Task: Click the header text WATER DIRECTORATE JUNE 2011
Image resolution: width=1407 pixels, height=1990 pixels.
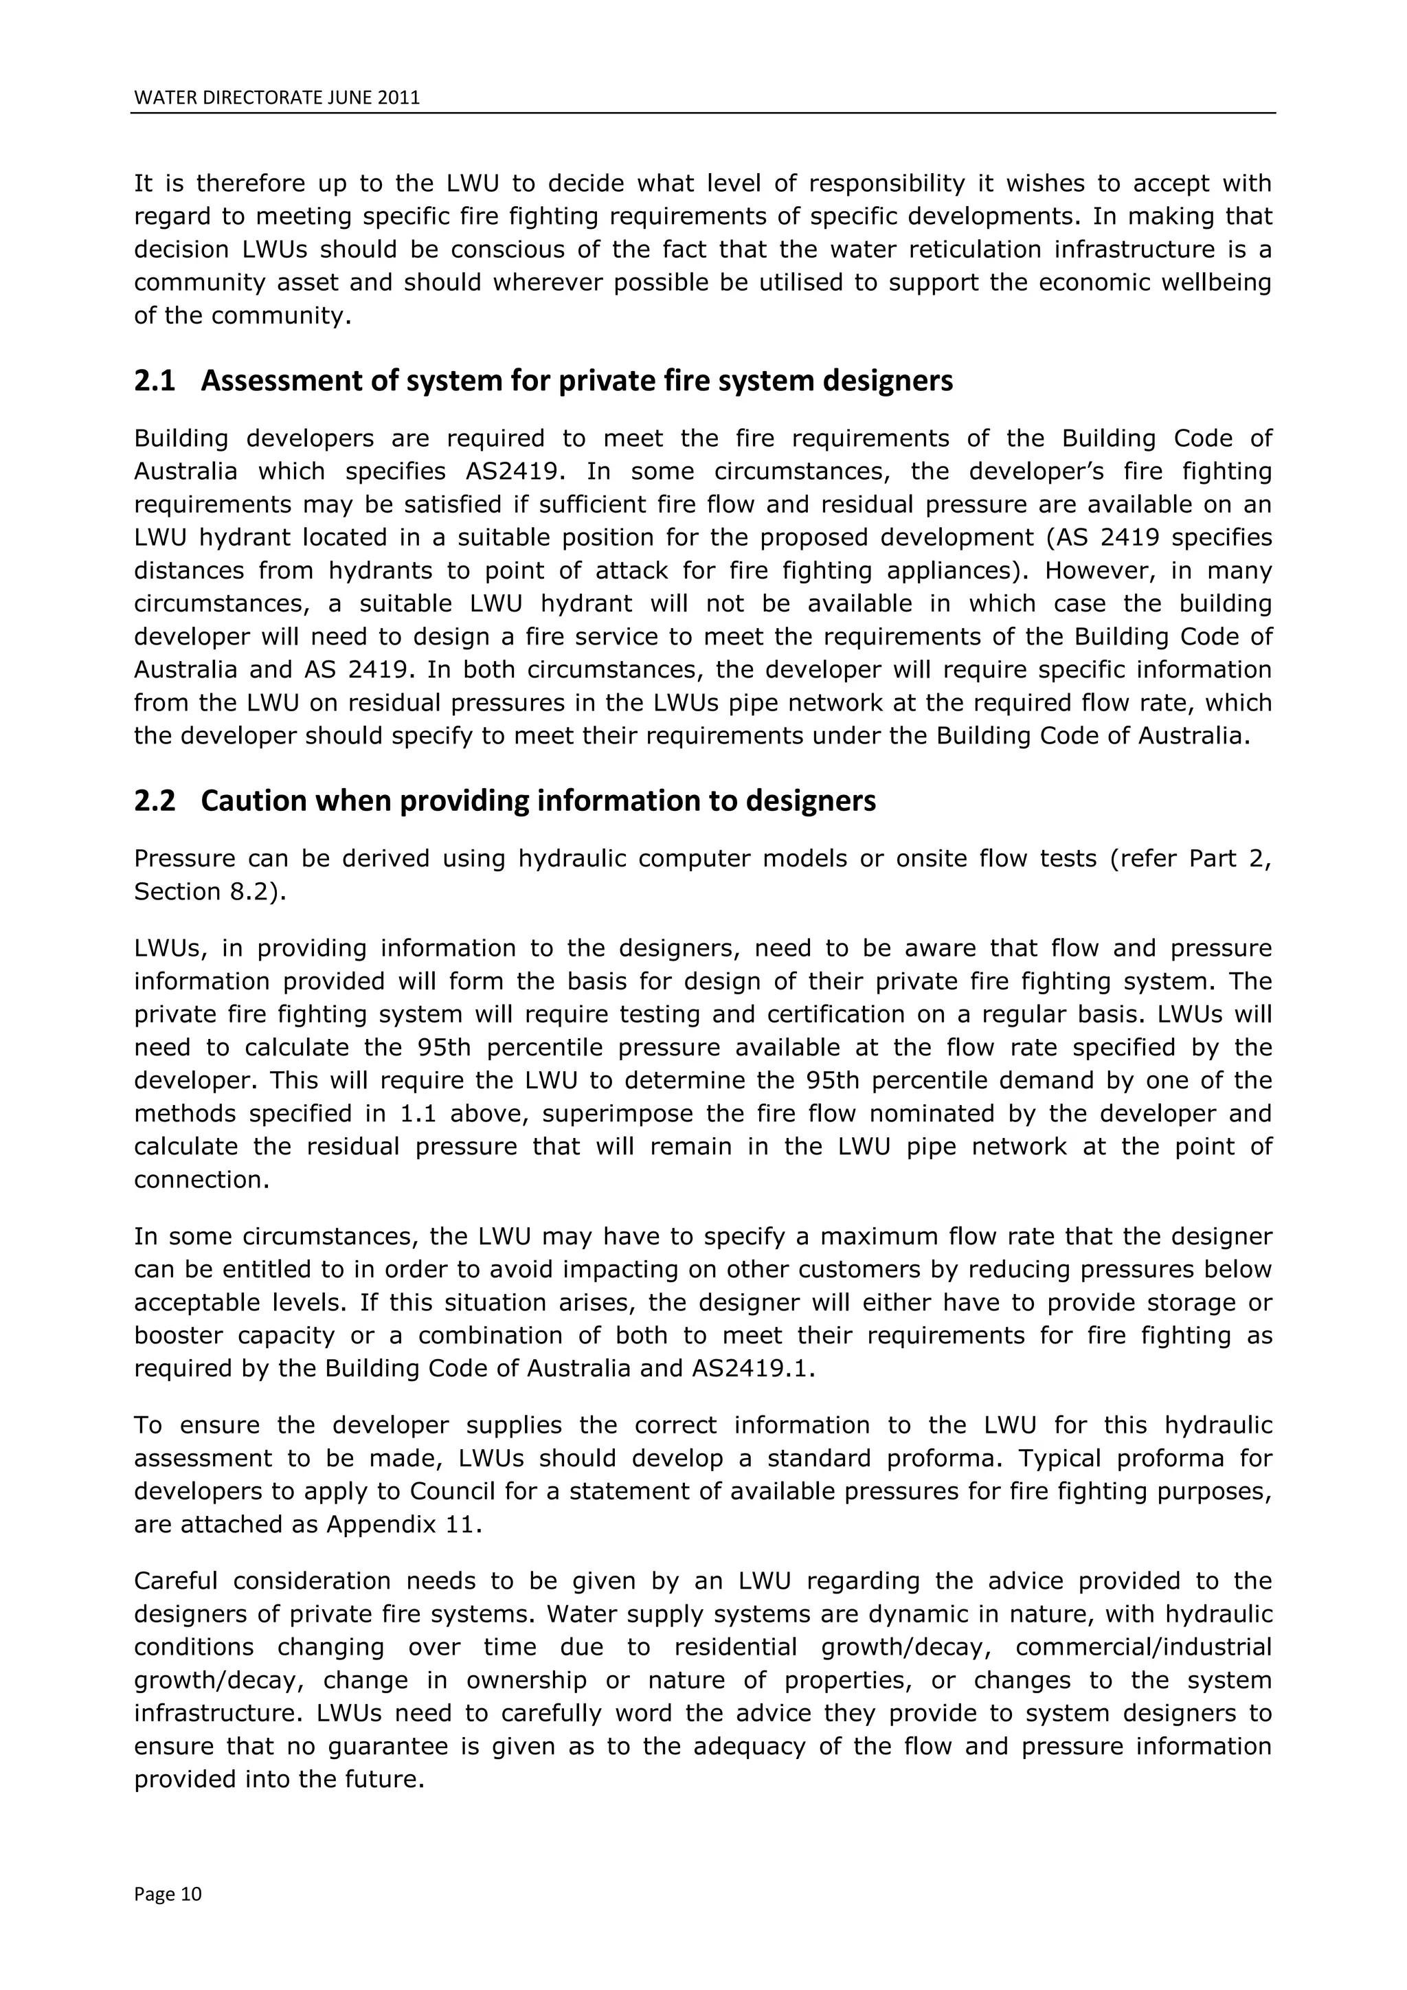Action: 276,98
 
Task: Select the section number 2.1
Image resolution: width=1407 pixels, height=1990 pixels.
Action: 154,381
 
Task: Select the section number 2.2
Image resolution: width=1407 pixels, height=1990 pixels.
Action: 154,801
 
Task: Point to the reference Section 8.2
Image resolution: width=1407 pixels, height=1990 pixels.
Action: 209,892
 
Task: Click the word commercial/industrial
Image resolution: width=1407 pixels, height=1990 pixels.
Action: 1143,1647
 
